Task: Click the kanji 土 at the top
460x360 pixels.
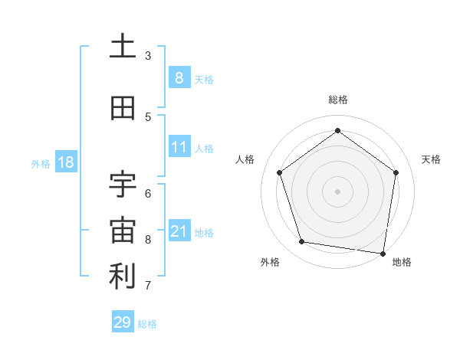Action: click(123, 47)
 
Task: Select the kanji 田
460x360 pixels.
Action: click(123, 109)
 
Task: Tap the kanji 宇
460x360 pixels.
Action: click(123, 184)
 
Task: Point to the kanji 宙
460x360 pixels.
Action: click(123, 230)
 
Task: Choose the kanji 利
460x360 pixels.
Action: click(123, 277)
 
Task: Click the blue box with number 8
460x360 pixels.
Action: click(179, 78)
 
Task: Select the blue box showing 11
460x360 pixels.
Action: click(179, 147)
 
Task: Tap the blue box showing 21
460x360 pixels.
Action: click(179, 231)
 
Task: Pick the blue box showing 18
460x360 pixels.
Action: click(65, 162)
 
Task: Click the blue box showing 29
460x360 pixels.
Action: click(122, 322)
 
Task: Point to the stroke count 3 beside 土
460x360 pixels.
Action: click(148, 56)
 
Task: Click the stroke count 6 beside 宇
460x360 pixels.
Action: click(148, 192)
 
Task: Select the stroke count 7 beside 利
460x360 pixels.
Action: click(148, 286)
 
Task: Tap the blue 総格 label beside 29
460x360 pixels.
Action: click(148, 324)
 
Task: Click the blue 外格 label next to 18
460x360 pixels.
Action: click(41, 163)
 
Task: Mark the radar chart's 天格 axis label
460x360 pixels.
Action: click(432, 159)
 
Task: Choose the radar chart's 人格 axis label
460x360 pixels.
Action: click(245, 159)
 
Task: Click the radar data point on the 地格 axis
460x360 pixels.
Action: click(383, 253)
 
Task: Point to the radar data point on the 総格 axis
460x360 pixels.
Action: click(337, 131)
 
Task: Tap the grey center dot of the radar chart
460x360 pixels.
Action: click(337, 191)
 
